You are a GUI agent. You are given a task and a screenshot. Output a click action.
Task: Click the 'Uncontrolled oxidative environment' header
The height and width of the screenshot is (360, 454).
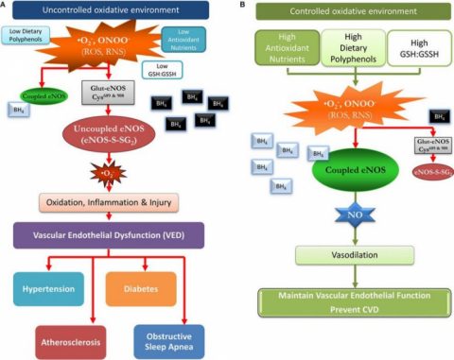112,11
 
